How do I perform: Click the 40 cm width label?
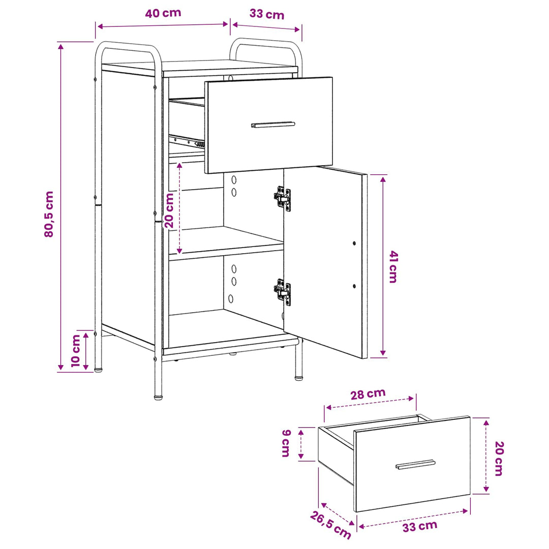163,13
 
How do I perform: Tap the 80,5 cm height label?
49,215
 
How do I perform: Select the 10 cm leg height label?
76,350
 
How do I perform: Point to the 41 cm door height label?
393,267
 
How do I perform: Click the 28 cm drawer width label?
368,394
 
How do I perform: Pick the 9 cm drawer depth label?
286,443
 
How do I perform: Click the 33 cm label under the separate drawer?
420,526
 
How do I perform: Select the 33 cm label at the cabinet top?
267,14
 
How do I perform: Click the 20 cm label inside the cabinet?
169,210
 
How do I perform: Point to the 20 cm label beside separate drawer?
499,459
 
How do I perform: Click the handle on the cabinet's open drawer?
273,125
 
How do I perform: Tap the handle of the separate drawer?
416,464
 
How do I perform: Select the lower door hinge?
282,292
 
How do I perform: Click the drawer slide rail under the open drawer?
187,141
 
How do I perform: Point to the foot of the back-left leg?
99,369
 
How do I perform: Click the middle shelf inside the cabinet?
226,243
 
